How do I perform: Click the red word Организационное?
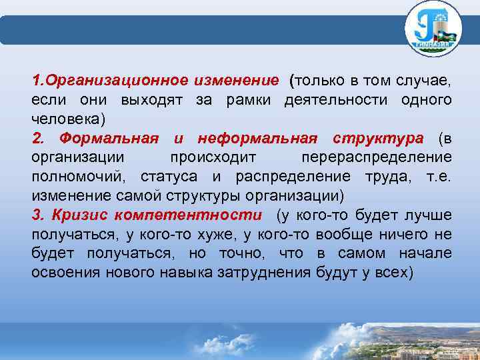117,81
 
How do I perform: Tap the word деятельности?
337,100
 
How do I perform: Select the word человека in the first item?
65,119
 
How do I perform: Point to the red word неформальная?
257,139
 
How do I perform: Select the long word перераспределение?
376,158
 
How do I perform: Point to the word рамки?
249,100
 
